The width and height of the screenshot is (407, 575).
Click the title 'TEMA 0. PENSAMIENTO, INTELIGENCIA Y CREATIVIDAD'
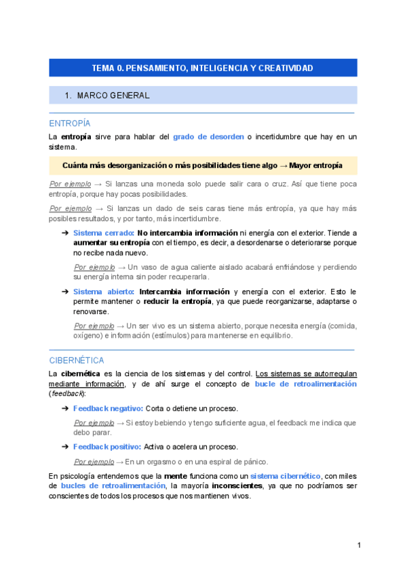202,68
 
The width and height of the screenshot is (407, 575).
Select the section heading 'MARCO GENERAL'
113,96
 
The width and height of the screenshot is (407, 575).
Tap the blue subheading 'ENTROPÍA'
70,123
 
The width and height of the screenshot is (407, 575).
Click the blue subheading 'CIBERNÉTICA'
77,360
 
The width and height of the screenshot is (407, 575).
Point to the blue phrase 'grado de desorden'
208,136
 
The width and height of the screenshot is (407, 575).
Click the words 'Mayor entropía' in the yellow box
315,165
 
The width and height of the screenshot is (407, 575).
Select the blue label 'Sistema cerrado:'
103,233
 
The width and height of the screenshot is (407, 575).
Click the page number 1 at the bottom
359,545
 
